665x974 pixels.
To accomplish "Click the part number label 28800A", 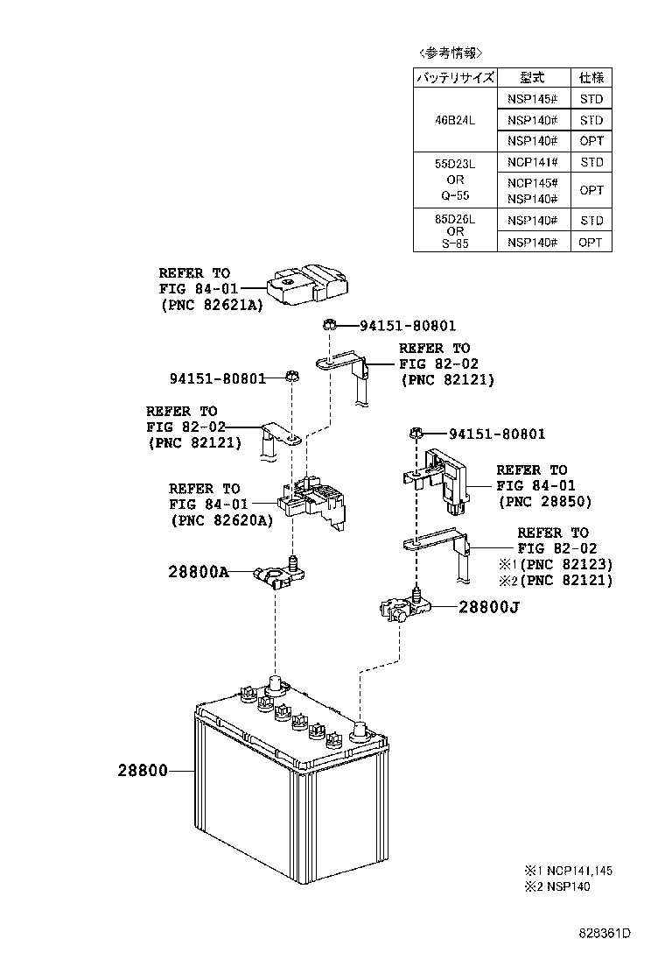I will (199, 573).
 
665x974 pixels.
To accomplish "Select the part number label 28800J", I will (488, 606).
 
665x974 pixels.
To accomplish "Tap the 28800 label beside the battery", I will (142, 772).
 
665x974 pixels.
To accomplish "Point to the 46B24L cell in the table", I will (455, 120).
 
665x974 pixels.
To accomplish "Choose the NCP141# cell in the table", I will (533, 162).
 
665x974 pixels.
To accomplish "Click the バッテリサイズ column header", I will (455, 77).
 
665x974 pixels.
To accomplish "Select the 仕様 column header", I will (591, 77).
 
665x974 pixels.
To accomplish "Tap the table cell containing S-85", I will (455, 243).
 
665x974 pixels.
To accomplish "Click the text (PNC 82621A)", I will (211, 305).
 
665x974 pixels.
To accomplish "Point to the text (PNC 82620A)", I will (221, 519).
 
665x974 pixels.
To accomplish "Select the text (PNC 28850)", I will (544, 502).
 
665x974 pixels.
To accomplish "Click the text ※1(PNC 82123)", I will (555, 564).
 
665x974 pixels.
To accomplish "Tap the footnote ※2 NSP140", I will (556, 886).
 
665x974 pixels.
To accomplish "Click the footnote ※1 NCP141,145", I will (568, 871).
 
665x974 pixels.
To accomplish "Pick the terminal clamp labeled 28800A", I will (276, 575).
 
